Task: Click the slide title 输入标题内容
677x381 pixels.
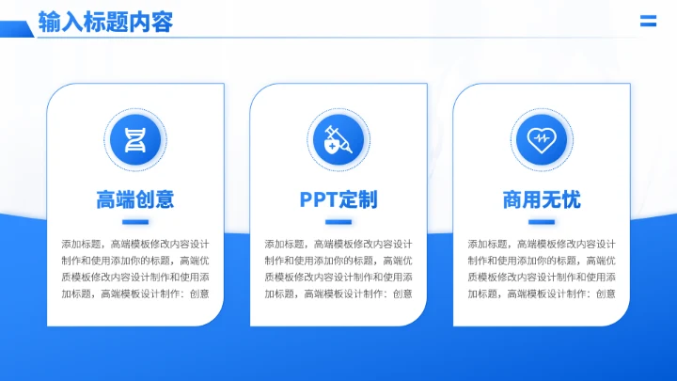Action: pos(105,21)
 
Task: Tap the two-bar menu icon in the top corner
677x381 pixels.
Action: pos(648,22)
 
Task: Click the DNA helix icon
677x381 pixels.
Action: pos(135,139)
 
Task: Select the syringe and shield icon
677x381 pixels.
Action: pos(338,139)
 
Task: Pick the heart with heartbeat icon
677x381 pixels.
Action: pos(542,139)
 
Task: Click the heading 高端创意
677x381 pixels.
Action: pos(135,199)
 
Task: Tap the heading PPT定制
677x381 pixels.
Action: pos(338,199)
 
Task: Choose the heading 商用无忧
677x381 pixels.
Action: pos(542,199)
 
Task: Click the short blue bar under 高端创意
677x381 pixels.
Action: pos(135,222)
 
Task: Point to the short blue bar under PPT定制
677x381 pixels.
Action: pos(338,222)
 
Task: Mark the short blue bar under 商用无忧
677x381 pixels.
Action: pos(542,222)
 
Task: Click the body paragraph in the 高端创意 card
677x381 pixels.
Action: pos(135,268)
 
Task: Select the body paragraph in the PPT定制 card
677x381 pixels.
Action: pos(338,268)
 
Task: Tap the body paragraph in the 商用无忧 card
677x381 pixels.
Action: pos(542,268)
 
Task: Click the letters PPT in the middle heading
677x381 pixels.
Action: pos(318,199)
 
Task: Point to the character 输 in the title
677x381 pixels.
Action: pos(49,21)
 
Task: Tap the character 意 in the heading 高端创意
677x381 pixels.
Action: pos(165,199)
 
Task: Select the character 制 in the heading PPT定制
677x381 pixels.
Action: pos(368,199)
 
